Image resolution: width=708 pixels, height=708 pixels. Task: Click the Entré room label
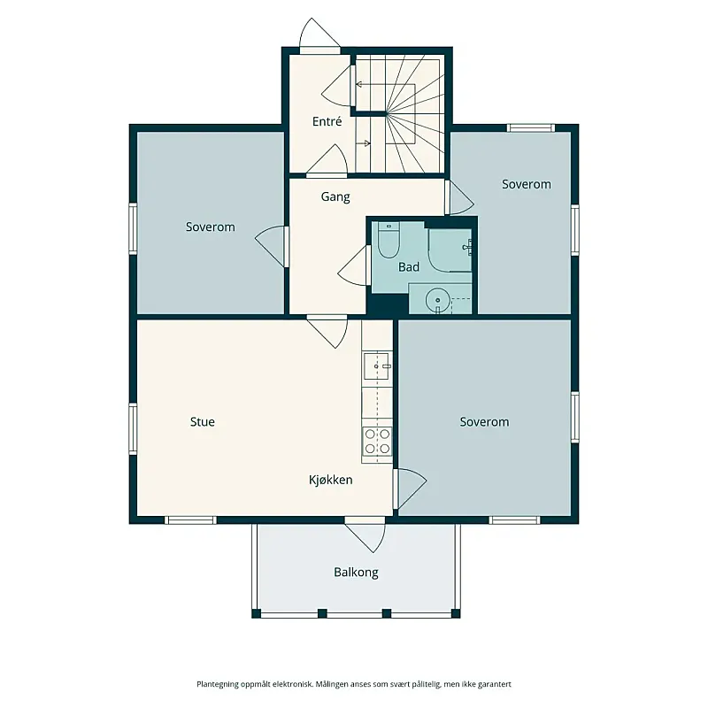coord(327,121)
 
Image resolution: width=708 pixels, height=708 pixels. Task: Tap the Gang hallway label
coord(335,196)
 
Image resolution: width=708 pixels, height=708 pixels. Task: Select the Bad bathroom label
coord(409,267)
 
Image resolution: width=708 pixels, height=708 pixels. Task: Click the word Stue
coord(203,422)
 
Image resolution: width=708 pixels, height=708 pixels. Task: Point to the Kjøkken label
coord(330,480)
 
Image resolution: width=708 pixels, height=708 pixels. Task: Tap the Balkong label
coord(357,573)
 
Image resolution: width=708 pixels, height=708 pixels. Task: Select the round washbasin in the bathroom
coord(437,300)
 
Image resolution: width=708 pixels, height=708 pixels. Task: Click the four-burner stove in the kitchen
coord(377,441)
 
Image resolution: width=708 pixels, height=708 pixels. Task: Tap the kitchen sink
coord(377,366)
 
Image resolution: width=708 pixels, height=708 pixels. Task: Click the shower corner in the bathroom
coord(450,250)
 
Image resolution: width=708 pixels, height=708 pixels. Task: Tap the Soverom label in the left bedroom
coord(211,227)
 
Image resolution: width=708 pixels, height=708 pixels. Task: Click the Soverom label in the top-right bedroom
coord(527,184)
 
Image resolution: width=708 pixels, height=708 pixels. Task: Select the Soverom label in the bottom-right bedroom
coord(484,422)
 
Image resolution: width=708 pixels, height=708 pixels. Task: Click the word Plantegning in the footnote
coord(217,684)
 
